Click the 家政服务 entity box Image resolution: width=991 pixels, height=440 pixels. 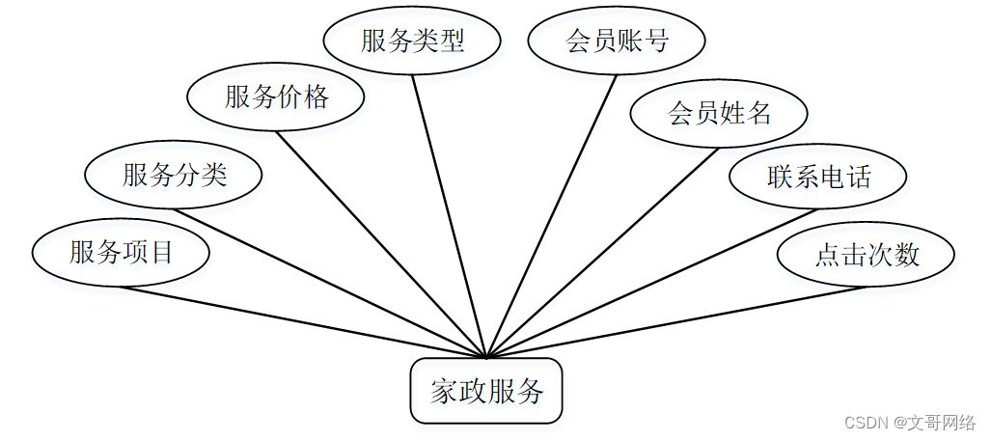click(486, 391)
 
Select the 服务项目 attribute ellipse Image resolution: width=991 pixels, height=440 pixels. click(121, 253)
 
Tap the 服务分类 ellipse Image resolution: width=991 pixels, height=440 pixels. click(174, 175)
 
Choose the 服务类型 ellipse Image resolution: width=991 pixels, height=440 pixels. click(412, 41)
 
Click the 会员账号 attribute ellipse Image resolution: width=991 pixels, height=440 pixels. click(617, 41)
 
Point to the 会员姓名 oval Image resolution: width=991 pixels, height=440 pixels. click(719, 114)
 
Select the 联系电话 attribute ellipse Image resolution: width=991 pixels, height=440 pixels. click(818, 177)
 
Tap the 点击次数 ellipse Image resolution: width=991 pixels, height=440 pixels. click(867, 254)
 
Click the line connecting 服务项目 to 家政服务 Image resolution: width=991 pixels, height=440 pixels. click(304, 322)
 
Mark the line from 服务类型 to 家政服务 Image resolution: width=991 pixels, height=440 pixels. click(450, 216)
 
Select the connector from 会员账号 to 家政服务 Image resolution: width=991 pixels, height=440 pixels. click(552, 216)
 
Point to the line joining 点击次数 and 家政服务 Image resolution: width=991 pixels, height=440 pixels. click(675, 322)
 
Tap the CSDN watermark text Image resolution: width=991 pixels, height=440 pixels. click(865, 423)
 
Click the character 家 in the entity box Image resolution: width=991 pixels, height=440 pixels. click(443, 392)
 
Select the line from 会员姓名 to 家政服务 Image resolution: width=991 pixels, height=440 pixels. click(602, 253)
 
